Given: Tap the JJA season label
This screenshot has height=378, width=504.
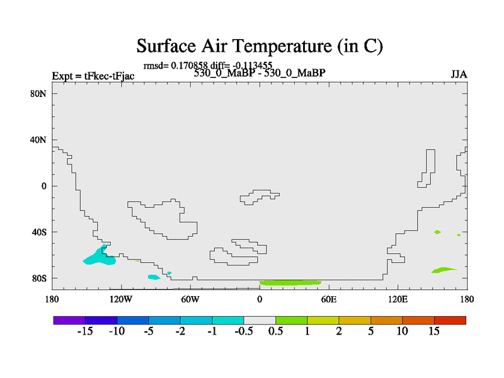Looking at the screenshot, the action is pos(459,74).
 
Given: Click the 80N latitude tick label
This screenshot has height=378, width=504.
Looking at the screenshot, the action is pos(38,93).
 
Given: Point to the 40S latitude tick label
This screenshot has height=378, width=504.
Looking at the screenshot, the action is pos(39,232).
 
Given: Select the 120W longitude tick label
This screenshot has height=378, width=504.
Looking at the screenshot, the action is pos(121,300).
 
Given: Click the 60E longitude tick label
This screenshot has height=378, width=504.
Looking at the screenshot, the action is pos(328,300).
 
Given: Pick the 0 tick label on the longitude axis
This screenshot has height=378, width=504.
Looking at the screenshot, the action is pos(260,300).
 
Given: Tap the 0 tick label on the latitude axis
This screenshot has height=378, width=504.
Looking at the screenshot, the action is pos(43,186).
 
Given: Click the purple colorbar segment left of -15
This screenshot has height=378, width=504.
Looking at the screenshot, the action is pos(69,320).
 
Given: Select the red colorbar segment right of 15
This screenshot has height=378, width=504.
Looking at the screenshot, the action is pos(450,320).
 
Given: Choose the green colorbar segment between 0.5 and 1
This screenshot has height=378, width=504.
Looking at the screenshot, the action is pos(291,320).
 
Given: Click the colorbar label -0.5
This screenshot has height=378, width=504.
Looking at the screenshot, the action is pos(244,331).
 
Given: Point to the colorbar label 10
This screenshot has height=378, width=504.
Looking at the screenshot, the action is pos(402,331).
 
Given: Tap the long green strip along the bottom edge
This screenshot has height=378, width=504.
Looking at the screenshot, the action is pos(290,283).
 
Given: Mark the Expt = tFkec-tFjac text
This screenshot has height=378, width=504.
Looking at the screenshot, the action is pos(93,76).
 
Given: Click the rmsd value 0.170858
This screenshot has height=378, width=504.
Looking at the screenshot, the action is pos(190,66).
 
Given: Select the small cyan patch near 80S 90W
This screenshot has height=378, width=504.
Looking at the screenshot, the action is pos(154,277).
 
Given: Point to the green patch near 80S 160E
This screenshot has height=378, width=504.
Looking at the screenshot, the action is pos(443,270).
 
